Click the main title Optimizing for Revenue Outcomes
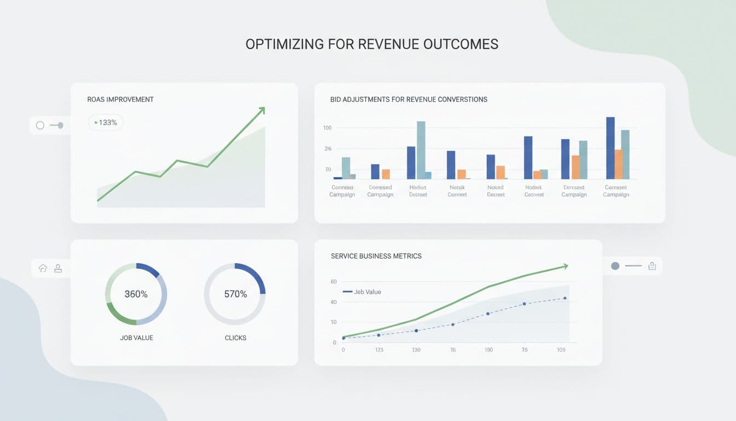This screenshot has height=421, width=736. click(372, 44)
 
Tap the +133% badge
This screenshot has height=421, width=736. click(106, 123)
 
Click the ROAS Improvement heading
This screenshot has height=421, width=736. click(120, 100)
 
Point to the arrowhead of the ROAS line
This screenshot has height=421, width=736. click(262, 110)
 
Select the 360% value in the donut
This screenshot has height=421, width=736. click(136, 294)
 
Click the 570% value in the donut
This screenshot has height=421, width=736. click(235, 294)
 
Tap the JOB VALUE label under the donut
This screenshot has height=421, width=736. click(136, 338)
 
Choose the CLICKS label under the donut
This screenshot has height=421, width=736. click(235, 338)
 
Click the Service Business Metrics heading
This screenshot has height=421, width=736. click(376, 256)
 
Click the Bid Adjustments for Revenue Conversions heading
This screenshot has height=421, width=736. click(409, 100)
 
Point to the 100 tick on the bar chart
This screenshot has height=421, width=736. click(327, 128)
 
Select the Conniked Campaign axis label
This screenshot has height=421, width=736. click(342, 191)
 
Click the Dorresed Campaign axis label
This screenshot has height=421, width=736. click(380, 191)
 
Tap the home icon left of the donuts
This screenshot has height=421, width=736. click(43, 268)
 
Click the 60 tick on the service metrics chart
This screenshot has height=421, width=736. click(334, 282)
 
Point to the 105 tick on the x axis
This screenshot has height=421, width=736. click(561, 350)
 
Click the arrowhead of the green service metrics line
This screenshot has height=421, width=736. click(565, 266)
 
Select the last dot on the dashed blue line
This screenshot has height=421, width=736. click(565, 298)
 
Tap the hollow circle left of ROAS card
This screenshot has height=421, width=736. click(40, 126)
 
